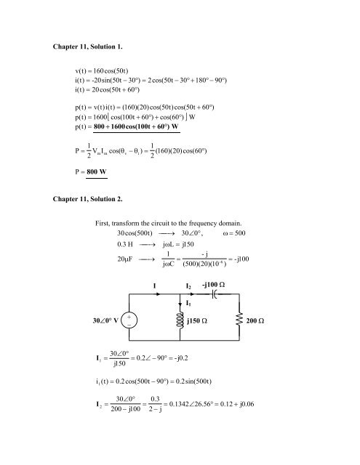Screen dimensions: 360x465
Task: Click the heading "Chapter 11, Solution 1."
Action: (x=87, y=46)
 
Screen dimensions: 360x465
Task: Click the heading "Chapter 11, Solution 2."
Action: (x=87, y=199)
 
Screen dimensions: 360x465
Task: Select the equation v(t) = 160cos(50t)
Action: (x=102, y=71)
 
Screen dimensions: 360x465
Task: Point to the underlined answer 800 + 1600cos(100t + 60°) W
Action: (x=136, y=126)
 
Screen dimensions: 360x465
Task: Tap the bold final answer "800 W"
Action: (x=97, y=171)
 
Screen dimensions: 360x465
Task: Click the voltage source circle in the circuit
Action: (x=129, y=320)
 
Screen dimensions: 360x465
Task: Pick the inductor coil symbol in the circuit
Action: (x=180, y=320)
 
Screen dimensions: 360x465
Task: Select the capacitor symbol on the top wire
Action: (x=215, y=294)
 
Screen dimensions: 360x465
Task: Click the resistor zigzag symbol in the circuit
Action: (x=239, y=319)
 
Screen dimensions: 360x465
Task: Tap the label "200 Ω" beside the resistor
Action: (x=255, y=321)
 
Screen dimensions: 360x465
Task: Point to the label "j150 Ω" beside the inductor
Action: (x=197, y=321)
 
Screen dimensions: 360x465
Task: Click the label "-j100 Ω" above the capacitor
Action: (x=213, y=285)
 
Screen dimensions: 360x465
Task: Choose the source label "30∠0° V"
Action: (x=105, y=320)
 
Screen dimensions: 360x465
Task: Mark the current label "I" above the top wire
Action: (x=154, y=286)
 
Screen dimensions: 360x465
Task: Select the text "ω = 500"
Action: (x=234, y=233)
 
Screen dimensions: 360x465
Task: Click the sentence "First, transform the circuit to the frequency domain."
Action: (x=168, y=223)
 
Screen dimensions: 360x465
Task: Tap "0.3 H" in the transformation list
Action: (x=125, y=244)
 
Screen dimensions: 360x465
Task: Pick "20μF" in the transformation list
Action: (x=125, y=259)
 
